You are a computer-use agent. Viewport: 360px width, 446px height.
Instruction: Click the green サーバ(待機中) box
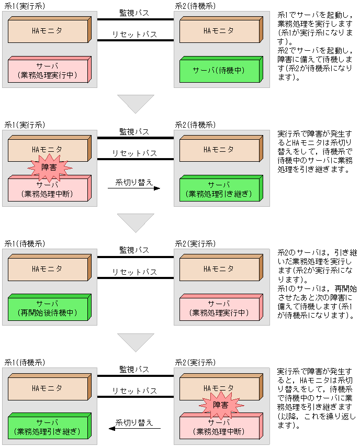[x=221, y=70]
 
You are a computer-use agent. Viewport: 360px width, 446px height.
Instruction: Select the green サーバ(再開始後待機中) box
[x=50, y=307]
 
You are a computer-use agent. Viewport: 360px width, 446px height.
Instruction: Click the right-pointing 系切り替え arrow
[x=134, y=188]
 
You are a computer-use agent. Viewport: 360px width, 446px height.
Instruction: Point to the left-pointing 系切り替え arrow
[x=134, y=428]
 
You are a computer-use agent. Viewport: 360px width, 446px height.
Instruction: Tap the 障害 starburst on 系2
[x=221, y=405]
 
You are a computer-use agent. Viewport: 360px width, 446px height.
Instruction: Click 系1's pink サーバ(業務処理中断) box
[x=50, y=188]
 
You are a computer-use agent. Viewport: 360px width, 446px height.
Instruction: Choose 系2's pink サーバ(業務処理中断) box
[x=221, y=426]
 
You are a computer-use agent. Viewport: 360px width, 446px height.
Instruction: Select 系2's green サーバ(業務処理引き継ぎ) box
[x=221, y=188]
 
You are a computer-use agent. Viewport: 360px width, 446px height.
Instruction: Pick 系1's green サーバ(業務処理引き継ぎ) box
[x=50, y=426]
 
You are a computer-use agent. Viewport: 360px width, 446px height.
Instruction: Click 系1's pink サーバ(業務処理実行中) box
[x=50, y=70]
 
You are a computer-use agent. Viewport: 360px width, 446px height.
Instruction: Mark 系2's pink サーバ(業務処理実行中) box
[x=221, y=307]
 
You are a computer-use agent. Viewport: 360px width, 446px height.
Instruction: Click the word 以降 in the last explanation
[x=289, y=416]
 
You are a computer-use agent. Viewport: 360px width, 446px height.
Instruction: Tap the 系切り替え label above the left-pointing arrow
[x=134, y=422]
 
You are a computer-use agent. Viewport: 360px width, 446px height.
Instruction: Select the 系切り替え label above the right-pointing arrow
[x=134, y=182]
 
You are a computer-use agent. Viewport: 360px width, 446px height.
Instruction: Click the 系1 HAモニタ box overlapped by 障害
[x=50, y=149]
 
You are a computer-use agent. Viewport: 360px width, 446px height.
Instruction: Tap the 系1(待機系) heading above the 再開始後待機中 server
[x=25, y=244]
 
